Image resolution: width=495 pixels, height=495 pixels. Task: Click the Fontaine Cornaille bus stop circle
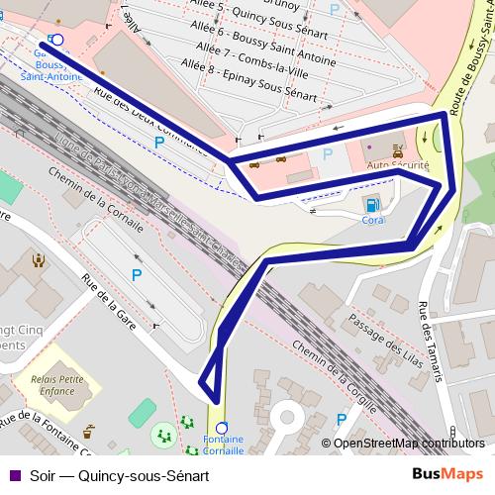[221, 429]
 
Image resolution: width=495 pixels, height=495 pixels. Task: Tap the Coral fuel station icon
[372, 204]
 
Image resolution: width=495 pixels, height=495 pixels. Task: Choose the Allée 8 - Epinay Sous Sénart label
[249, 81]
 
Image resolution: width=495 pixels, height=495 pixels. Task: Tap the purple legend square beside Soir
[13, 474]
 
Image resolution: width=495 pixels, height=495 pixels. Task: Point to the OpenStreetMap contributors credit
[407, 444]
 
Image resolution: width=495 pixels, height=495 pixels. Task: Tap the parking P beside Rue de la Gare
[137, 274]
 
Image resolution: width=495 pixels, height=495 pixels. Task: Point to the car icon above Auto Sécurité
[398, 151]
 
